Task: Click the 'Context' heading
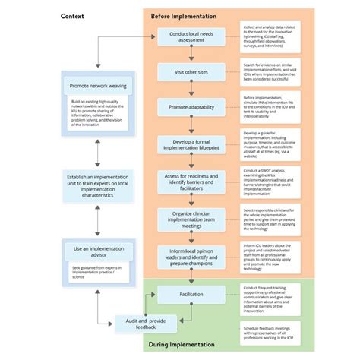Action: pos(73,16)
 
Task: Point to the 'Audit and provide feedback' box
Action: pos(146,324)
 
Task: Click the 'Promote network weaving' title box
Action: pos(97,87)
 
